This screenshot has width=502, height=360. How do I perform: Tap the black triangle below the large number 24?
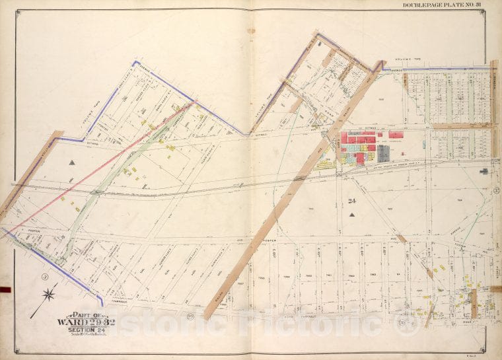[352, 215]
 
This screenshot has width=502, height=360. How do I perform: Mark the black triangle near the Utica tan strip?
[71, 161]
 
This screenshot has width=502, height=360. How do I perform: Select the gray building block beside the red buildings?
[383, 153]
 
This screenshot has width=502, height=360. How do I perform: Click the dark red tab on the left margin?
[5, 289]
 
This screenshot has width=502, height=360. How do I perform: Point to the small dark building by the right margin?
[484, 171]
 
